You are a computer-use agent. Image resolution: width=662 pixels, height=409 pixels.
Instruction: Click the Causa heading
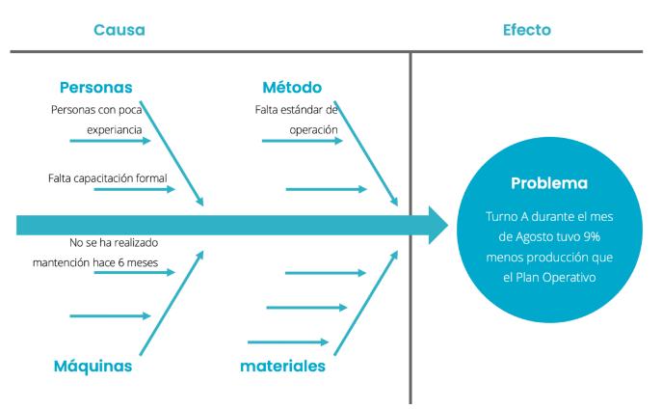pos(119,30)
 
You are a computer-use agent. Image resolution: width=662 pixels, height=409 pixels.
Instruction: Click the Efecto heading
pos(527,30)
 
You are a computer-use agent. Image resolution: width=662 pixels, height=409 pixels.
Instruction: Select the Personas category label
pos(96,87)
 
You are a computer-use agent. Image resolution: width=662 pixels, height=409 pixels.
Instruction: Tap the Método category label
pos(292,87)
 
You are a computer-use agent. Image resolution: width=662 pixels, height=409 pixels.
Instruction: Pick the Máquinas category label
pos(93,366)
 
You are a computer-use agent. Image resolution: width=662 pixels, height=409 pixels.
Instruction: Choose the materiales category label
pos(283,366)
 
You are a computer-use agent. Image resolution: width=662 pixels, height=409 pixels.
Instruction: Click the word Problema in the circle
pos(548,182)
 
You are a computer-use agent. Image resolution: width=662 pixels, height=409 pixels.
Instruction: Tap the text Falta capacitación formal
pos(107,177)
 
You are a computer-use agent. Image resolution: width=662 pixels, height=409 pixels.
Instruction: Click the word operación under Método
pos(313,127)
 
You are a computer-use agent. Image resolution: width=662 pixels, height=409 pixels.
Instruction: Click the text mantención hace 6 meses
pos(94,261)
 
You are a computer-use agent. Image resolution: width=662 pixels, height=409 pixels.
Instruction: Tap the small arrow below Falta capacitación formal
pos(135,189)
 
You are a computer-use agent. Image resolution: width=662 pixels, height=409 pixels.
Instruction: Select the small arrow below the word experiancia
pos(111,141)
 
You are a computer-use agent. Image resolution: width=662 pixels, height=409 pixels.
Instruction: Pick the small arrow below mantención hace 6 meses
pos(135,273)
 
